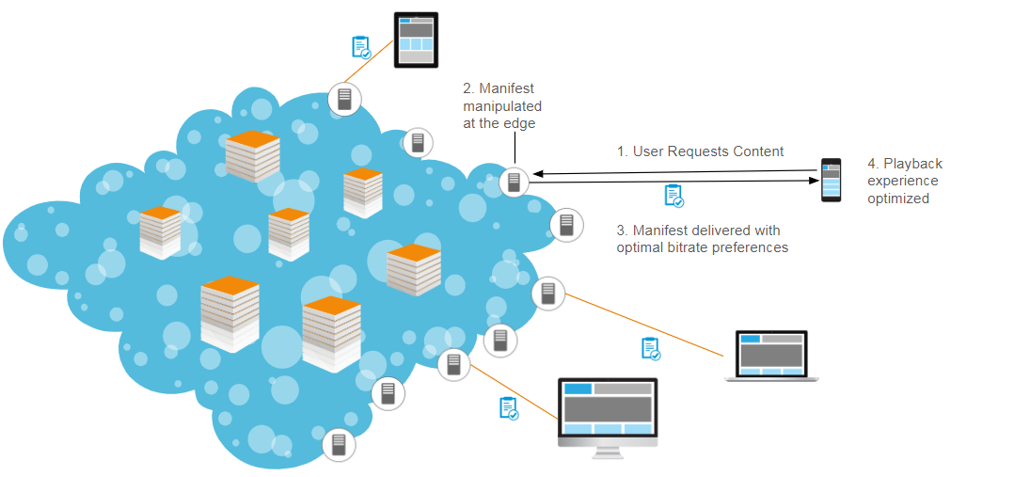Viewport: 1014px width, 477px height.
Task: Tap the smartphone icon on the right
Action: pyautogui.click(x=832, y=180)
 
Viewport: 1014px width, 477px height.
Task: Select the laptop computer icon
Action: pyautogui.click(x=771, y=356)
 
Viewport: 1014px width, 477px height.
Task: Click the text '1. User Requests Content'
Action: pyautogui.click(x=700, y=151)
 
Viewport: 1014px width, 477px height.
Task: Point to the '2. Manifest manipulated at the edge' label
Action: pyautogui.click(x=501, y=106)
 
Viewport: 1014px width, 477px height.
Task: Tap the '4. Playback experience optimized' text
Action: pyautogui.click(x=904, y=181)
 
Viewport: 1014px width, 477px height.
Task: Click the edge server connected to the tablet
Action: pyautogui.click(x=344, y=99)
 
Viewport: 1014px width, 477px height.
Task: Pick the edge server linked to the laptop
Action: pyautogui.click(x=547, y=294)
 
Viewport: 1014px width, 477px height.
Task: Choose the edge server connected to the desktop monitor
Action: pyautogui.click(x=453, y=364)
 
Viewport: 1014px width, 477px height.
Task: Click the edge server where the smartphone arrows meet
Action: pyautogui.click(x=514, y=182)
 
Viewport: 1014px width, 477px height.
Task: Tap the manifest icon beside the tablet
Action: pyautogui.click(x=359, y=47)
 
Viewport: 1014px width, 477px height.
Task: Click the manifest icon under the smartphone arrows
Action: pyautogui.click(x=673, y=196)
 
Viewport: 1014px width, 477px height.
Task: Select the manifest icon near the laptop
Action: pyautogui.click(x=650, y=348)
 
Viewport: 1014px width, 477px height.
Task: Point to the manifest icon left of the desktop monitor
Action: pyautogui.click(x=509, y=407)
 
